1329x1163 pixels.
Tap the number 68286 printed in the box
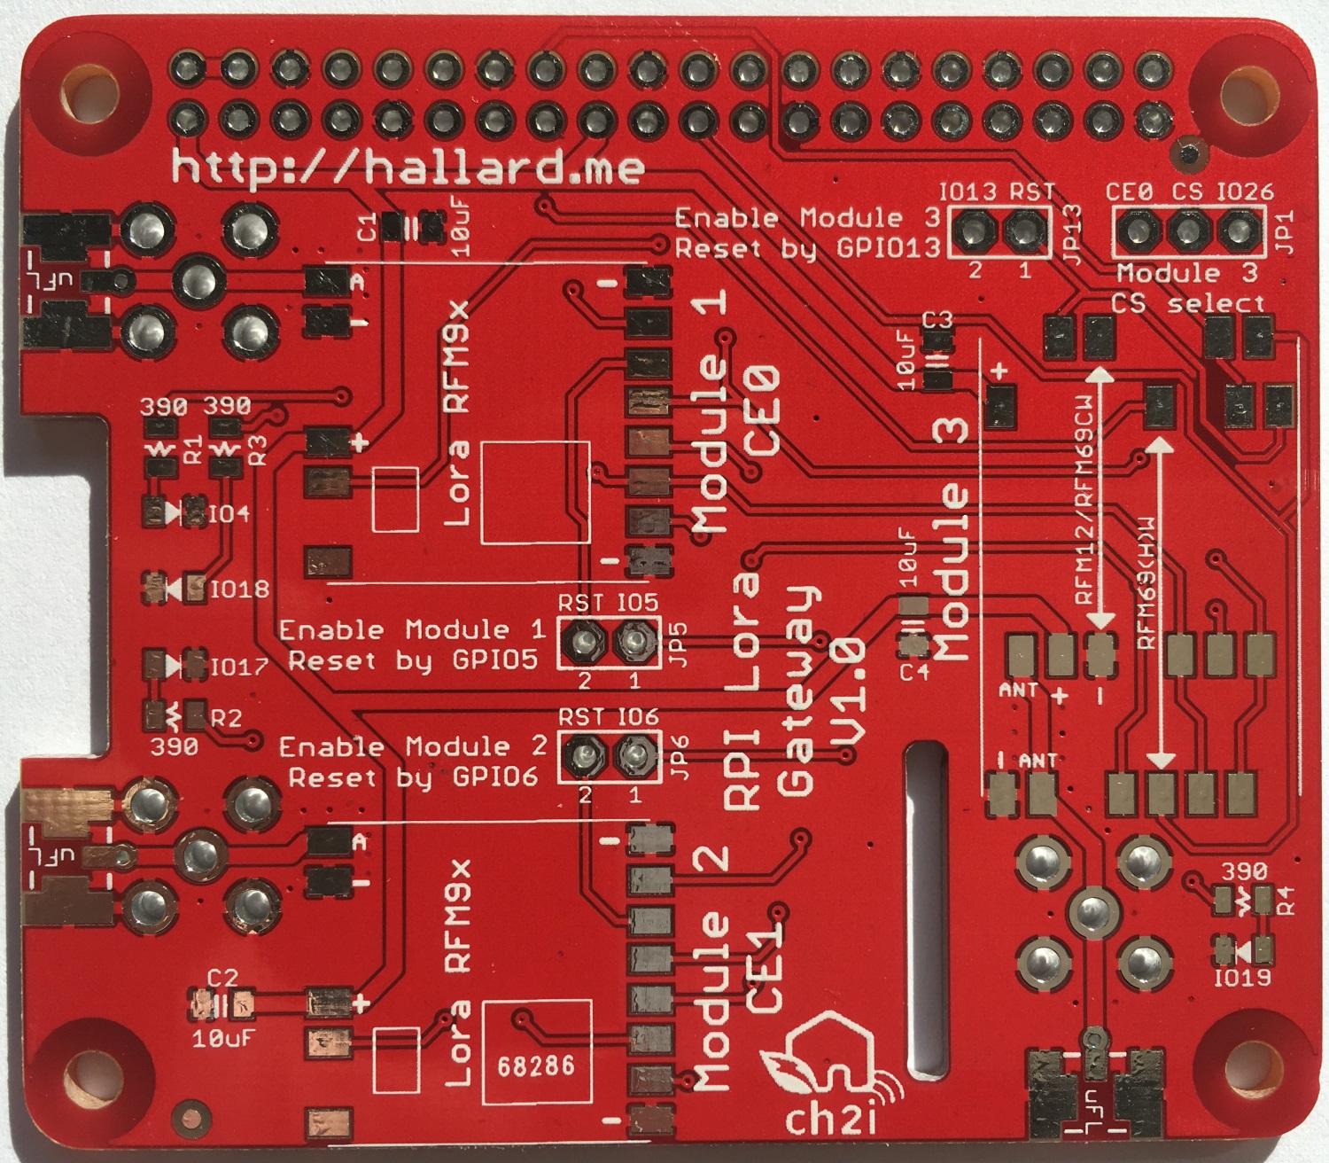point(535,1065)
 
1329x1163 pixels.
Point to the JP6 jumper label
point(679,758)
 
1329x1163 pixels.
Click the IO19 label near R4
point(1242,977)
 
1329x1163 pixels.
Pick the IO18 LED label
point(239,589)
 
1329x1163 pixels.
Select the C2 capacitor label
point(222,977)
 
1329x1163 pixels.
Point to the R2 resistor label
point(225,717)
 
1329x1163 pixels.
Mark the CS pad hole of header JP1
point(1187,231)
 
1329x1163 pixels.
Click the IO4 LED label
point(229,513)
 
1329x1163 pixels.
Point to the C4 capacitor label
point(913,672)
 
